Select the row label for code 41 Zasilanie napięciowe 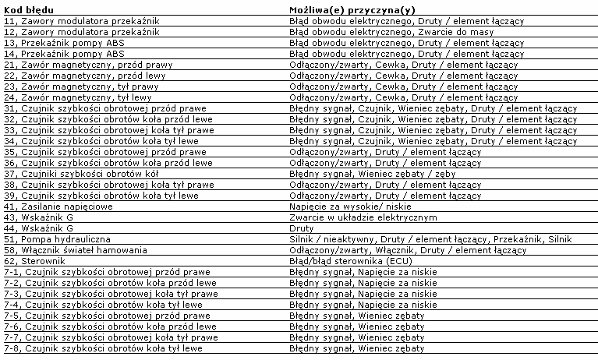click(58, 206)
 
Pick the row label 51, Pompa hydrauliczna click(58, 238)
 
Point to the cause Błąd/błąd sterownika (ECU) click(346, 260)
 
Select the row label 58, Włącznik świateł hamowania click(76, 249)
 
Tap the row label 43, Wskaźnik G click(39, 217)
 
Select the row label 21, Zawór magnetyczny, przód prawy click(77, 65)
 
